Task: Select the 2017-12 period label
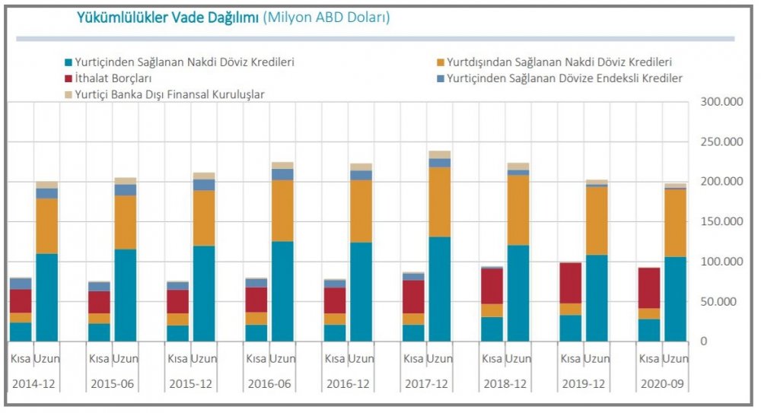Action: [x=426, y=384]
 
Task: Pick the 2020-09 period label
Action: [x=662, y=384]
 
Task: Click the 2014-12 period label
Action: [x=34, y=384]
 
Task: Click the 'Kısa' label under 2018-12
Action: [x=492, y=358]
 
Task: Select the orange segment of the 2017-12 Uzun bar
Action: [x=439, y=202]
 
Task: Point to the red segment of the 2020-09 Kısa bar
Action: [x=649, y=288]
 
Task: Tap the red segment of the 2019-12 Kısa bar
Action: [x=571, y=283]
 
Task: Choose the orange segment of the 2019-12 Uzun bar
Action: [x=597, y=221]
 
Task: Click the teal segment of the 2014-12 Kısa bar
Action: [x=21, y=332]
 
